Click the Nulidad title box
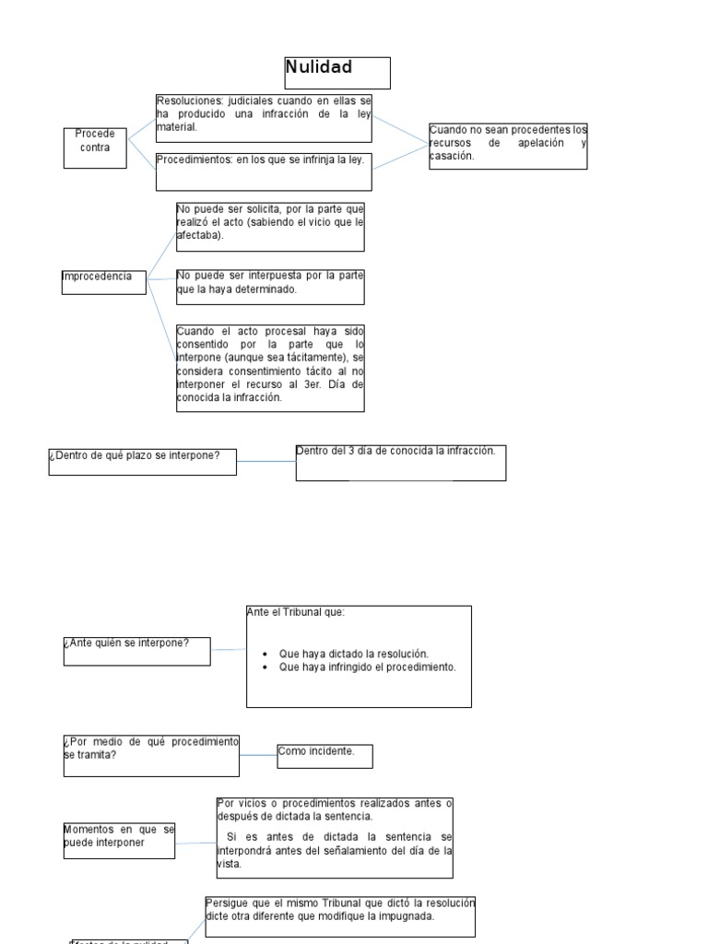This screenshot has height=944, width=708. pos(336,72)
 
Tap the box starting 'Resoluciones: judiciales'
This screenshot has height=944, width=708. pos(264,118)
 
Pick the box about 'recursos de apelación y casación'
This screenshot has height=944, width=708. pos(508,146)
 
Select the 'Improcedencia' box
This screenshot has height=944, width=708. pos(103,281)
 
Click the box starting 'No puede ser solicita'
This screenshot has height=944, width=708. pos(270,227)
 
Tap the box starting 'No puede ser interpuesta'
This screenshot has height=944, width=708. pos(270,287)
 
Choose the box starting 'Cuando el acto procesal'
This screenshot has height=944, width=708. pos(270,367)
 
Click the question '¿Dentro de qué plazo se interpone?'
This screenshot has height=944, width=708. pos(142,461)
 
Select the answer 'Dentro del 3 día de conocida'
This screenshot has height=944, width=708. pos(400,462)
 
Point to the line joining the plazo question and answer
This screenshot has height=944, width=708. pos(265,461)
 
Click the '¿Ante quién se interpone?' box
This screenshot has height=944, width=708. pos(136,650)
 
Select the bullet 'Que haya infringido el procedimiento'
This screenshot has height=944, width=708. pos(367,667)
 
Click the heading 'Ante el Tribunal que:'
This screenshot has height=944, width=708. pos(296,611)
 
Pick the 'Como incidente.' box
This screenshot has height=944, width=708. pos(324,756)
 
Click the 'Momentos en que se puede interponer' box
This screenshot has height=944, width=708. pos(119,840)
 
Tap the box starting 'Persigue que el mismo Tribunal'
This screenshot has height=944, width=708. pos(340,914)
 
